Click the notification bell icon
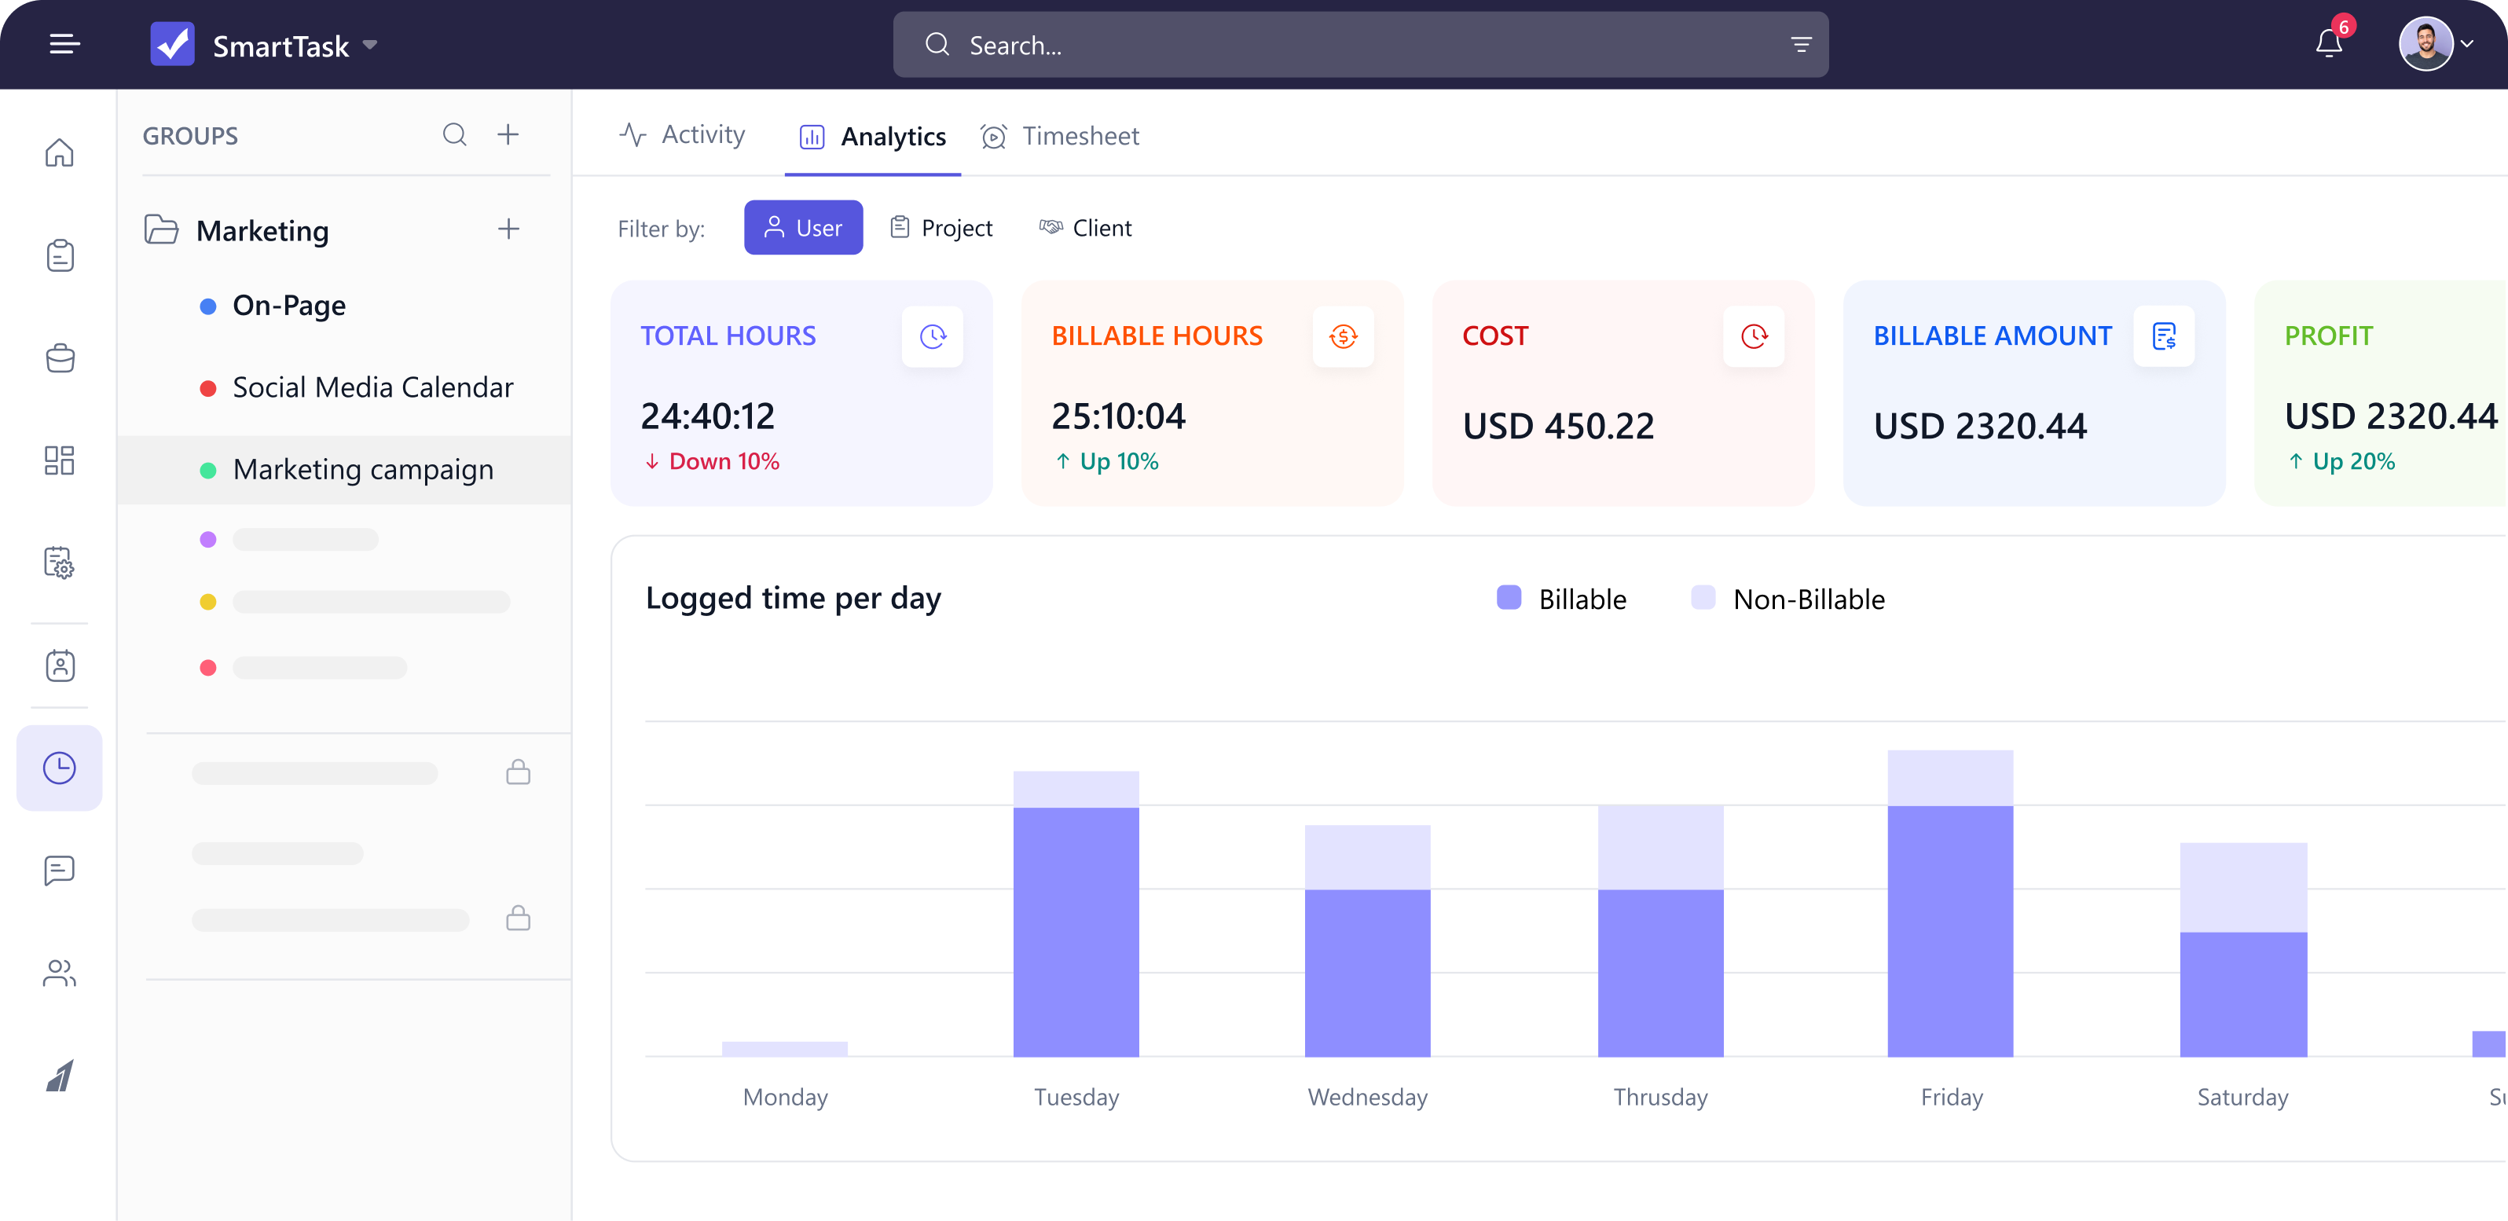tap(2328, 44)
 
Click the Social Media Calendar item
tap(372, 387)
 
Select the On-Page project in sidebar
tap(288, 306)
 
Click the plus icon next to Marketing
tap(508, 229)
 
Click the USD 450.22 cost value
tap(1558, 426)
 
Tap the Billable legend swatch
tap(1508, 598)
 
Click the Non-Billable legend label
tap(1808, 599)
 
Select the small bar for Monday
tap(785, 1049)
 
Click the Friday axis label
tap(1951, 1098)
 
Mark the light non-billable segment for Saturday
tap(2243, 887)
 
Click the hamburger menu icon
tap(64, 44)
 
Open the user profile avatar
tap(2425, 44)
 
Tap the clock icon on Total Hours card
tap(932, 337)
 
